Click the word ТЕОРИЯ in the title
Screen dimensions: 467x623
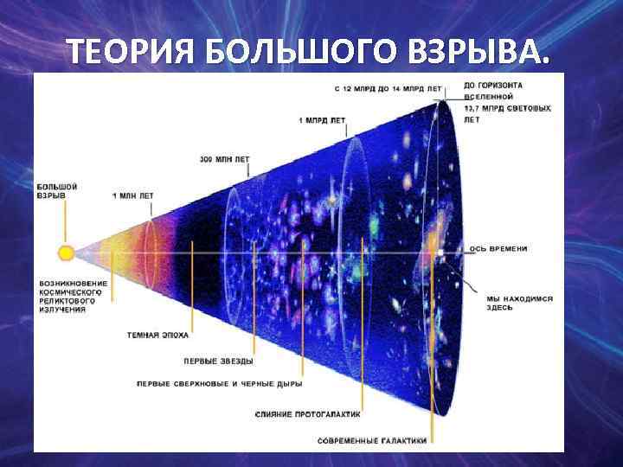pyautogui.click(x=131, y=53)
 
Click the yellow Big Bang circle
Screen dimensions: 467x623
pyautogui.click(x=66, y=253)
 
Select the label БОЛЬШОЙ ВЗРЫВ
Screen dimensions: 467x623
pyautogui.click(x=58, y=191)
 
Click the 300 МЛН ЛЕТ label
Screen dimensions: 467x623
pyautogui.click(x=224, y=159)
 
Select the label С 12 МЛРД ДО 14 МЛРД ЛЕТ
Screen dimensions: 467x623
pyautogui.click(x=388, y=89)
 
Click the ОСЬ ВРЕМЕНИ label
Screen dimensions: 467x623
pyautogui.click(x=498, y=249)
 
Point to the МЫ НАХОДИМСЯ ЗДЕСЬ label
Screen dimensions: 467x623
pyautogui.click(x=507, y=302)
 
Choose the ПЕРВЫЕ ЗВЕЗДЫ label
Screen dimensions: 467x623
pyautogui.click(x=218, y=361)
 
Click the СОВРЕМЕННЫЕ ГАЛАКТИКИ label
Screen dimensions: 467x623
pyautogui.click(x=372, y=440)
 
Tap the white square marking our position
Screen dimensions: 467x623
pyautogui.click(x=440, y=253)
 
